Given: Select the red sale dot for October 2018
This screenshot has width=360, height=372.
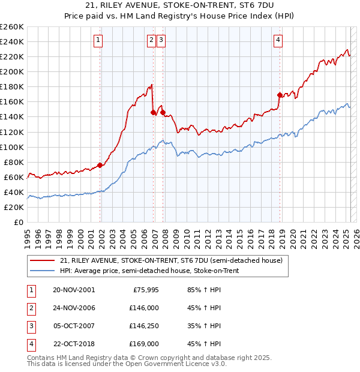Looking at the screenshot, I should pyautogui.click(x=280, y=95).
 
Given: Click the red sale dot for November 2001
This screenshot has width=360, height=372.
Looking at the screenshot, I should pyautogui.click(x=100, y=165).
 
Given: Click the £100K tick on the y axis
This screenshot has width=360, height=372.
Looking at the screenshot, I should pyautogui.click(x=11, y=147).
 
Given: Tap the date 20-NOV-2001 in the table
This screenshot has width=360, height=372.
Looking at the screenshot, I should pyautogui.click(x=74, y=290).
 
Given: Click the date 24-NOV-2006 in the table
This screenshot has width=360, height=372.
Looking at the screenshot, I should pyautogui.click(x=74, y=308).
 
